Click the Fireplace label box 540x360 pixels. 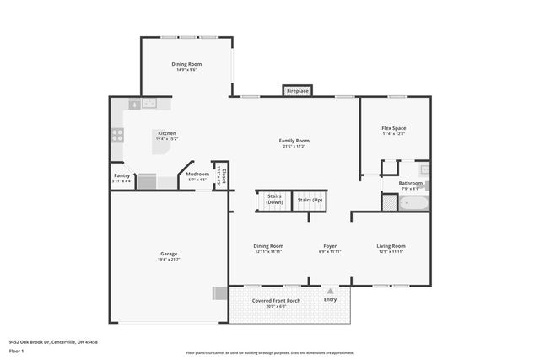(x=297, y=90)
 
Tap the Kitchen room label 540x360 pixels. (x=166, y=133)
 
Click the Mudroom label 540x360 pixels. (x=197, y=175)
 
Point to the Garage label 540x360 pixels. (x=169, y=253)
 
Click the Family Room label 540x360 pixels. (x=294, y=141)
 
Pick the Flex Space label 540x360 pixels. (x=394, y=128)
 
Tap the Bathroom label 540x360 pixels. (x=411, y=182)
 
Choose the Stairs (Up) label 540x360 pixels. (x=310, y=200)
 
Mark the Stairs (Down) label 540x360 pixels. (x=274, y=200)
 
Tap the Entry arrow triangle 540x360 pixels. (x=330, y=291)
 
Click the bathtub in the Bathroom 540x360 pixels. (x=413, y=202)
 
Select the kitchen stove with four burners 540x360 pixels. (x=117, y=133)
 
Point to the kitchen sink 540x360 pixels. (x=149, y=104)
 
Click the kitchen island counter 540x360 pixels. (x=163, y=145)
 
